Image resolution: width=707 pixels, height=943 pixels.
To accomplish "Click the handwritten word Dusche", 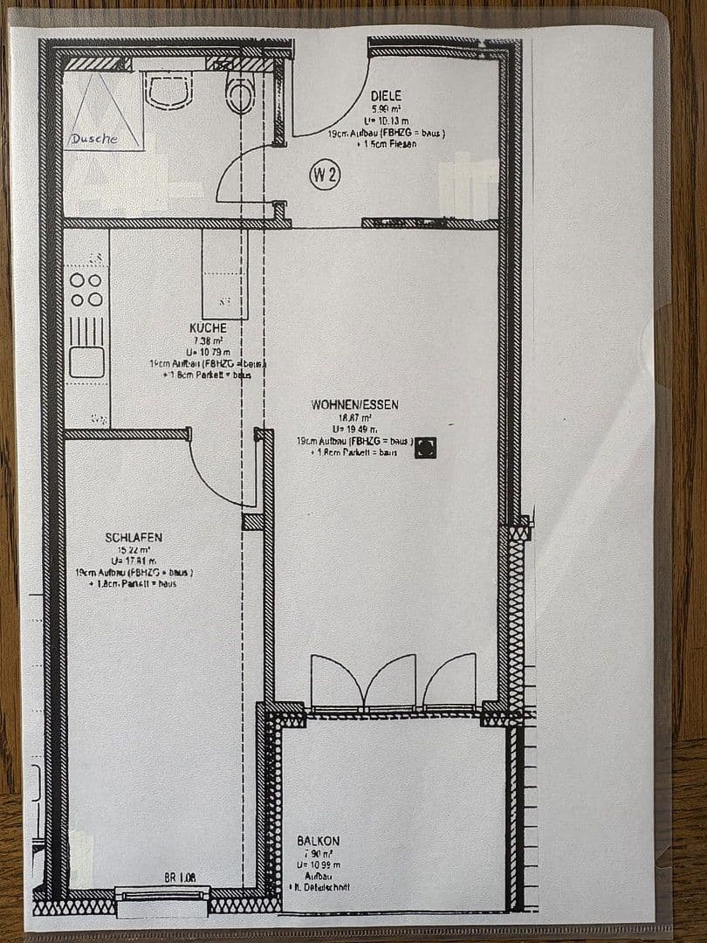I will point(94,139).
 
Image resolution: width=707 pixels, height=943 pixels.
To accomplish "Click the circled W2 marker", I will point(325,176).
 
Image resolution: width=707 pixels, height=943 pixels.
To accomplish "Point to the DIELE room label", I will point(386,97).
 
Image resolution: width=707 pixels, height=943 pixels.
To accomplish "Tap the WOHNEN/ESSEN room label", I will point(354,404).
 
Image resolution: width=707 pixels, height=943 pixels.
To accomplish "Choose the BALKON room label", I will point(318,840).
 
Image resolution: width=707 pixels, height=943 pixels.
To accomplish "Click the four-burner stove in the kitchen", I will point(86,290).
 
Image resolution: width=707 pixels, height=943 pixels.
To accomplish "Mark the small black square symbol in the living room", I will point(425,447).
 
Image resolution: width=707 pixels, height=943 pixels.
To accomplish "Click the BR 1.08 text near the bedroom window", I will point(179,876).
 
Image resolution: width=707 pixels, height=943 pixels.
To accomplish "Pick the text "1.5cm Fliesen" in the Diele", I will point(387,144).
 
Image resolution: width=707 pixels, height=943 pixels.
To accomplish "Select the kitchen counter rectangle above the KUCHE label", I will point(224,275).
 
